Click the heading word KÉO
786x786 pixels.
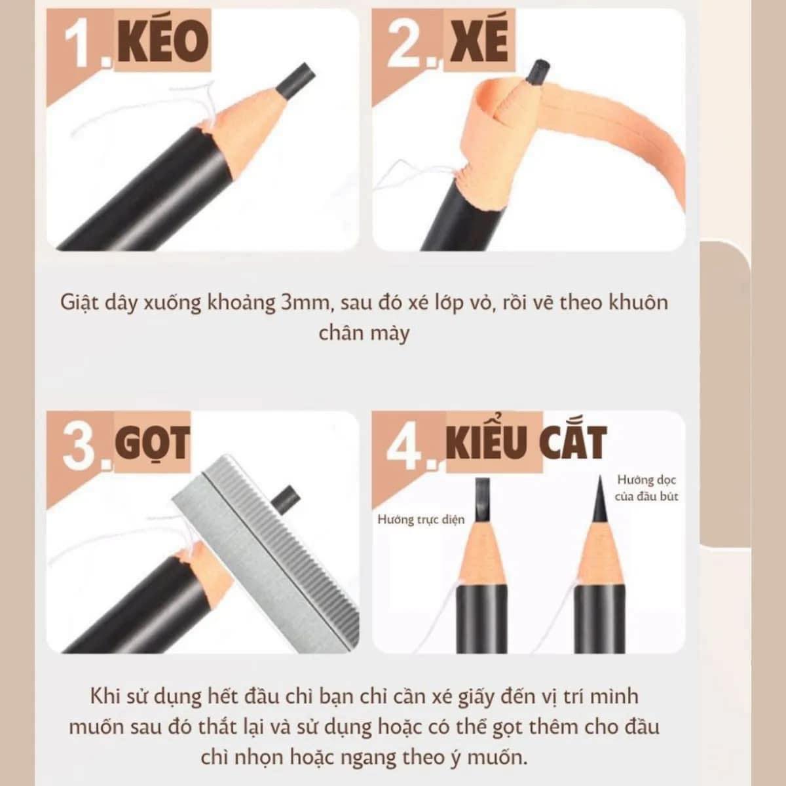click(163, 43)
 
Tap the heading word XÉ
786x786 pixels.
click(479, 43)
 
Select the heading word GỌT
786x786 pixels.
click(153, 444)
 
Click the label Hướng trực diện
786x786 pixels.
click(421, 519)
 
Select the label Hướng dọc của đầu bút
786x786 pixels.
click(646, 488)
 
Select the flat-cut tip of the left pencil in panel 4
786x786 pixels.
click(483, 500)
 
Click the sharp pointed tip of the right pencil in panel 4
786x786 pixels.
click(601, 476)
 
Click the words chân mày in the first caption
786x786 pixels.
click(364, 333)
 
